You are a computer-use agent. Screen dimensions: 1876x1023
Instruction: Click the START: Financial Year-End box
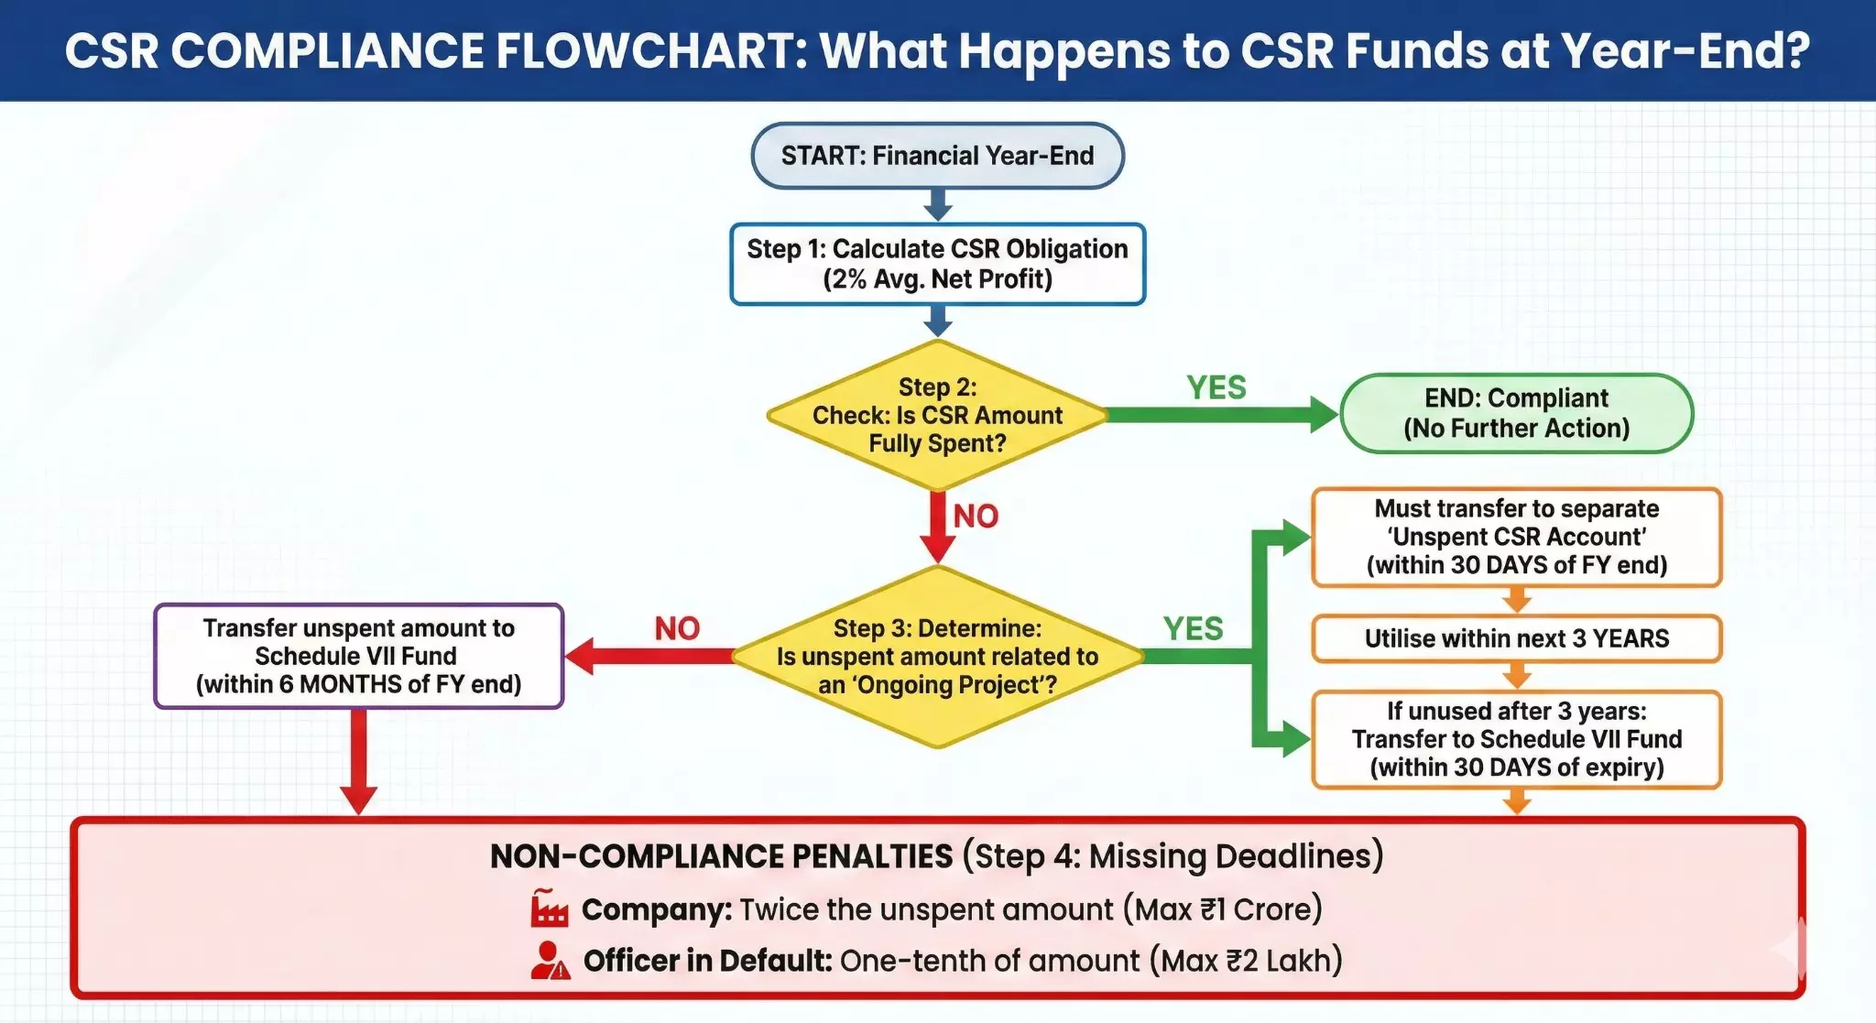[x=937, y=156]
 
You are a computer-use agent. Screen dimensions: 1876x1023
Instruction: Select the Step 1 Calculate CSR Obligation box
[x=937, y=264]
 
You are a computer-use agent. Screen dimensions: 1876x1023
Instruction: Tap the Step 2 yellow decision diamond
[x=937, y=415]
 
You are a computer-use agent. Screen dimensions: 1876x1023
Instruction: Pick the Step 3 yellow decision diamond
[x=937, y=657]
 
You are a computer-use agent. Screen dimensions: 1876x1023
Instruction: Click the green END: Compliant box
[x=1516, y=413]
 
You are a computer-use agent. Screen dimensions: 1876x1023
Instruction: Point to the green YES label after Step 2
[x=1216, y=387]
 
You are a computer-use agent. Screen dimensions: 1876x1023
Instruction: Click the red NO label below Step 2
[x=976, y=517]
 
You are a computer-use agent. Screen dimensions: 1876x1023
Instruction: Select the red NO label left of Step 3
[x=677, y=629]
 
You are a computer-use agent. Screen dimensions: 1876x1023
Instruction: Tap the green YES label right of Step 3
[x=1193, y=629]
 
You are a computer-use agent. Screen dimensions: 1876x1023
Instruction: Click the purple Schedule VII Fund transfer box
[x=359, y=656]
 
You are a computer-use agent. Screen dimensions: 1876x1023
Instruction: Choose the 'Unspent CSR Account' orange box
[x=1516, y=537]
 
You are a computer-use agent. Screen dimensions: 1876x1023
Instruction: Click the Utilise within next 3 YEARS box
[x=1516, y=638]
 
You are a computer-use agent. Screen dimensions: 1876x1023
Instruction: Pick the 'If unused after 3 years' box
[x=1516, y=739]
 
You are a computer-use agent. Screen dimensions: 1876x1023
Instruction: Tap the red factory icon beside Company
[x=550, y=909]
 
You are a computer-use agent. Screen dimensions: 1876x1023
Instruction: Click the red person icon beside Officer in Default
[x=550, y=960]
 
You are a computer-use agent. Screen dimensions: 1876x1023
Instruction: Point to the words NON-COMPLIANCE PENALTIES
[x=721, y=856]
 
